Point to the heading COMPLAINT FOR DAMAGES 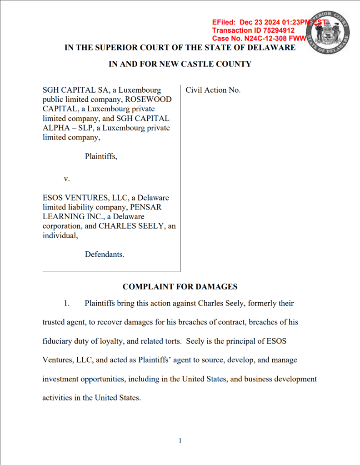180,287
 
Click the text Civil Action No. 213,90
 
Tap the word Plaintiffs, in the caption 101,156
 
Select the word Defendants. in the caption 105,255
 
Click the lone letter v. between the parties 66,179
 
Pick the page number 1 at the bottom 180,440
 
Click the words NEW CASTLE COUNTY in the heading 205,64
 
